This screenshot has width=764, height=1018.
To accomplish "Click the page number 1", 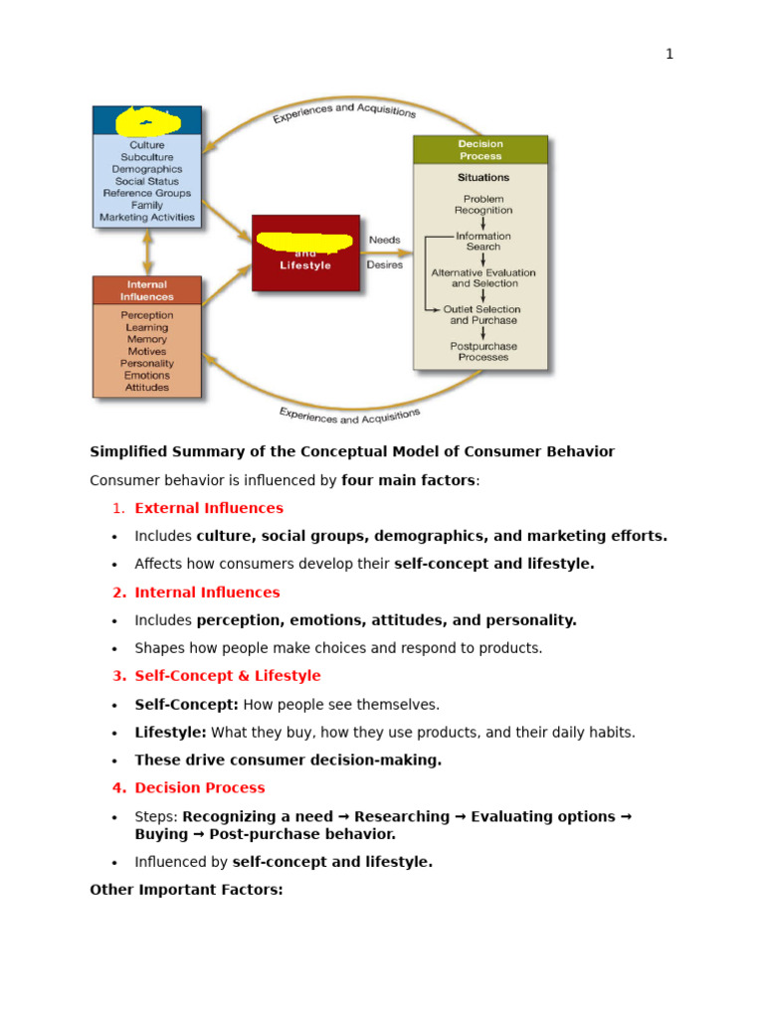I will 669,55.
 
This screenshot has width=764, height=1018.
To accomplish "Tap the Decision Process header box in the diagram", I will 479,150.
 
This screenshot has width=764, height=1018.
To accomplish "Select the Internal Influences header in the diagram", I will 147,290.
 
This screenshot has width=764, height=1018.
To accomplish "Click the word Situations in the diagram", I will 482,178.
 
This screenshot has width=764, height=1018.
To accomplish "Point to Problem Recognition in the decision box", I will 483,205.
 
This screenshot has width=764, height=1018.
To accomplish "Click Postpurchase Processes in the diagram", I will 483,352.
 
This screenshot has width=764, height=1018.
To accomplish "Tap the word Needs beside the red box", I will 385,240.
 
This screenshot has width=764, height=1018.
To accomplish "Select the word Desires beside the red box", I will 385,265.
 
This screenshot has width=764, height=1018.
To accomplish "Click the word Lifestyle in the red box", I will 305,265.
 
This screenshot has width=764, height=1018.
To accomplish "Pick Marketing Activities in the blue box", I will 147,218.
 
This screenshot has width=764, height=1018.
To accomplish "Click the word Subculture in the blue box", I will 147,157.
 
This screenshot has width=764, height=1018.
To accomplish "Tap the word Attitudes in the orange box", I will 147,388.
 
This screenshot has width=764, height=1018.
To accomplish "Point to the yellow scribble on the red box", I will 304,242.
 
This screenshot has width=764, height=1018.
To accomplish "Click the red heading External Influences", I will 209,508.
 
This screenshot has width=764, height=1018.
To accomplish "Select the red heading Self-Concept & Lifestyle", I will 228,676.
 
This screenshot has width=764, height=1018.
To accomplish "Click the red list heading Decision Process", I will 200,788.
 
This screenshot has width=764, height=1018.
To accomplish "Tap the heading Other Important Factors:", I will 186,890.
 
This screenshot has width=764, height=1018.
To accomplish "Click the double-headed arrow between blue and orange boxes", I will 148,253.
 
